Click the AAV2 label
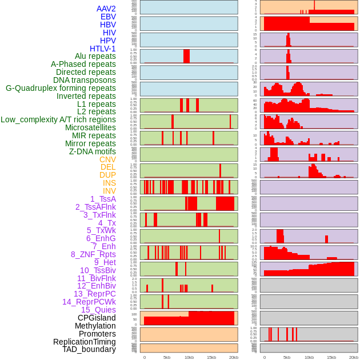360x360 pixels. [106, 9]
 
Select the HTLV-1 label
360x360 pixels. [102, 49]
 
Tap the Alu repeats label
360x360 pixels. [95, 57]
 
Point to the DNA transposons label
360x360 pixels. [85, 81]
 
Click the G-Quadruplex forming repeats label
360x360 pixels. [61, 89]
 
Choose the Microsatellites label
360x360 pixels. [90, 128]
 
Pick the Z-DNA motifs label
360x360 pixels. [92, 151]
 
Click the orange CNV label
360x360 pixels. [107, 159]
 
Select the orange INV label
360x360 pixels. [109, 191]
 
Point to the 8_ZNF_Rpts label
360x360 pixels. [93, 254]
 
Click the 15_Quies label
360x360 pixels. [98, 310]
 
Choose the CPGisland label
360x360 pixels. [97, 318]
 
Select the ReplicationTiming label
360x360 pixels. [84, 342]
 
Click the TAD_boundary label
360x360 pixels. [89, 349]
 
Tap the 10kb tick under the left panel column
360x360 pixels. [189, 357]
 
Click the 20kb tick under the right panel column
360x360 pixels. [354, 357]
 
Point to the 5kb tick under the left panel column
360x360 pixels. [167, 357]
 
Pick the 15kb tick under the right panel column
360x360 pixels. [331, 357]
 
